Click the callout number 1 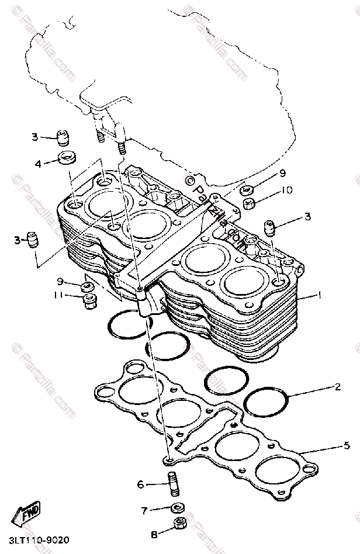(319, 296)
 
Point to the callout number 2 (338, 387)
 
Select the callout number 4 (38, 163)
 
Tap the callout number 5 (347, 445)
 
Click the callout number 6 (140, 484)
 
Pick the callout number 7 (144, 510)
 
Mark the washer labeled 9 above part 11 (88, 286)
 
